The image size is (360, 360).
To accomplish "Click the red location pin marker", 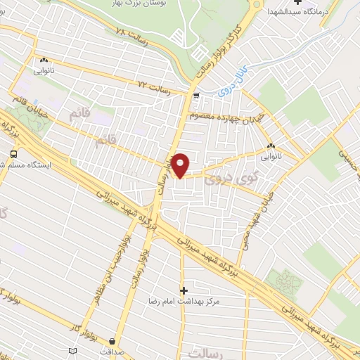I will click(181, 165).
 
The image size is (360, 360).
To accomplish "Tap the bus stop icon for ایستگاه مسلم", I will click(14, 154).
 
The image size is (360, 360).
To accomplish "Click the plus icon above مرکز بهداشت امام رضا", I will click(184, 290).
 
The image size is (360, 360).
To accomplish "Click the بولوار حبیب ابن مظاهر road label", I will click(105, 267).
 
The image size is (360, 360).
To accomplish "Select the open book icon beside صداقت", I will click(73, 351).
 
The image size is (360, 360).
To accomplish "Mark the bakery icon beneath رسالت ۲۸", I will click(44, 60).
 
